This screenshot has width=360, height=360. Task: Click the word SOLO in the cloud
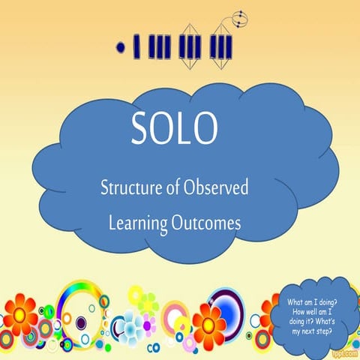175,129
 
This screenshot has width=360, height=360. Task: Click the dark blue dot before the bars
120,46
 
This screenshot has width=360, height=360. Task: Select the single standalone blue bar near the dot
136,46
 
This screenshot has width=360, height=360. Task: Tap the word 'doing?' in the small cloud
329,302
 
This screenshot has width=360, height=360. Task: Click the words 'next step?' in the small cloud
320,331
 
